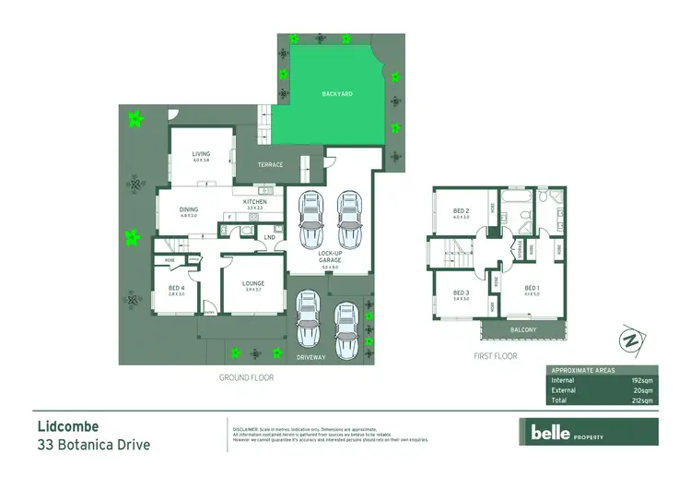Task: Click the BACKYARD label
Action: pyautogui.click(x=336, y=94)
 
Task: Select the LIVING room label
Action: pyautogui.click(x=201, y=155)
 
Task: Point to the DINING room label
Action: pyautogui.click(x=189, y=209)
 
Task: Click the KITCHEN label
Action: pyautogui.click(x=254, y=202)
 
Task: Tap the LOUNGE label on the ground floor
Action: pyautogui.click(x=253, y=284)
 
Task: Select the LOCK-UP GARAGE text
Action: pyautogui.click(x=330, y=255)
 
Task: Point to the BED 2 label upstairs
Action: pyautogui.click(x=462, y=211)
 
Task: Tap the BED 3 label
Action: pyautogui.click(x=462, y=292)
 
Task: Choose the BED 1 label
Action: pyautogui.click(x=532, y=288)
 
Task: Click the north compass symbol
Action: pyautogui.click(x=631, y=340)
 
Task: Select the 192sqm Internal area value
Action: pyautogui.click(x=641, y=380)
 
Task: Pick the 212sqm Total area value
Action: pyautogui.click(x=641, y=400)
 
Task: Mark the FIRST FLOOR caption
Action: pyautogui.click(x=494, y=356)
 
